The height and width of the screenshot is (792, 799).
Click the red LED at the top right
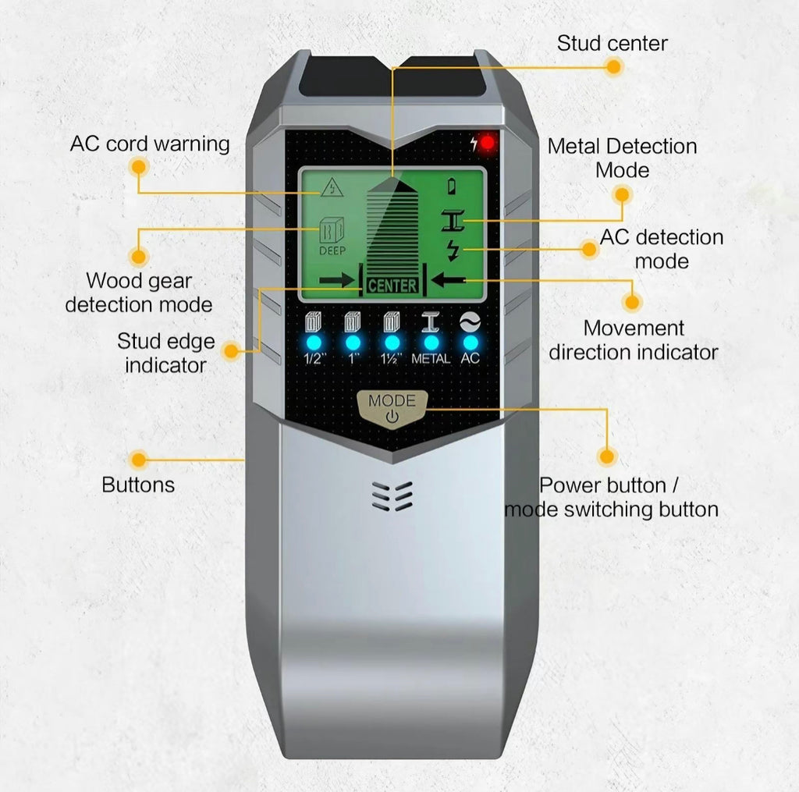coord(487,144)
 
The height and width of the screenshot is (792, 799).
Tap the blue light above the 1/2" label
coord(314,343)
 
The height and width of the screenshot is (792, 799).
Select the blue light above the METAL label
coord(431,343)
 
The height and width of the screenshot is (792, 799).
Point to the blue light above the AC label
coord(471,343)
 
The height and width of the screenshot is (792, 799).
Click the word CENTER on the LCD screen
coord(392,286)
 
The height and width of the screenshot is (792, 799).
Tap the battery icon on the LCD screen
coord(452,186)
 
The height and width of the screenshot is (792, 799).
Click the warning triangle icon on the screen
coord(332,187)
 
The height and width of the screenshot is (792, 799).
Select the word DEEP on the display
coord(332,250)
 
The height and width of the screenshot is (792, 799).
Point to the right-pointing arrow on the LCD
coord(336,280)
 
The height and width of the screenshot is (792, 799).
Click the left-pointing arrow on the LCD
coord(449,280)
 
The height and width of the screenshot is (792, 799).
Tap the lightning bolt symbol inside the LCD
coord(453,250)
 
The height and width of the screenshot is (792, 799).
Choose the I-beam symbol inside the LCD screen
coord(453,220)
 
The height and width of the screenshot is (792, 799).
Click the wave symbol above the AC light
coord(470,322)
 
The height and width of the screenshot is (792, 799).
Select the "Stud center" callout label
coord(612,44)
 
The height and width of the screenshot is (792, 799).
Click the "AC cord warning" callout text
coord(150,144)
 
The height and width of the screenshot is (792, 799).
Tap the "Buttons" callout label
coord(138,485)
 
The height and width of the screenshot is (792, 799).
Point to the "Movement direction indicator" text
coord(634,340)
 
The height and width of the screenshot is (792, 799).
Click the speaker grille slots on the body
coord(392,495)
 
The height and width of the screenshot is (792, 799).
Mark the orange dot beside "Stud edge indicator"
coord(232,351)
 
